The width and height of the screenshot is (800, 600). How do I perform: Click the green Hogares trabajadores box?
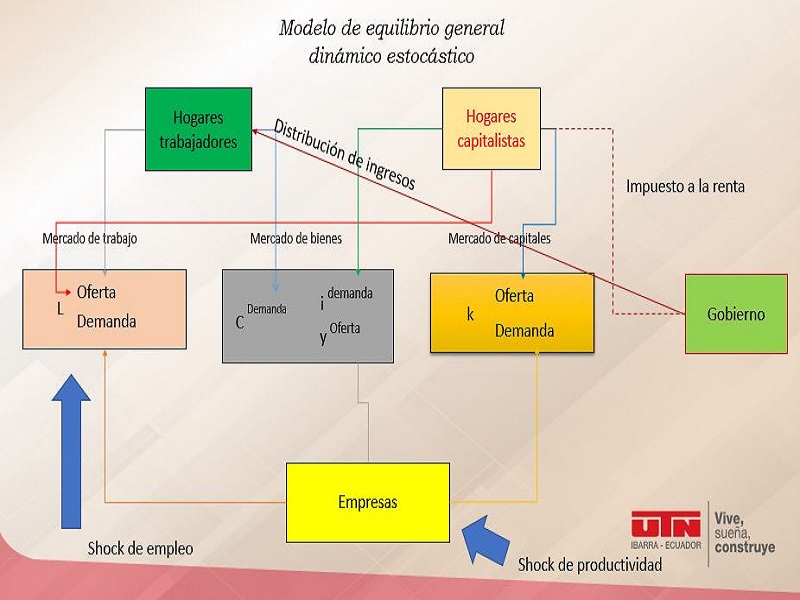[198, 129]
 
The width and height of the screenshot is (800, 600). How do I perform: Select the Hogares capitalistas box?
[491, 129]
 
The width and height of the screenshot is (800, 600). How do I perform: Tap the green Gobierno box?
[736, 314]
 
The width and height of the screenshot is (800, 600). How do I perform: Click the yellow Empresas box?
[368, 503]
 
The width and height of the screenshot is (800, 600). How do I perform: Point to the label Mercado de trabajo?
[90, 238]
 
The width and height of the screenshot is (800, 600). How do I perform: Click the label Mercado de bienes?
[296, 238]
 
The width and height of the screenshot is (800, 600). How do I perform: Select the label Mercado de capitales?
[499, 238]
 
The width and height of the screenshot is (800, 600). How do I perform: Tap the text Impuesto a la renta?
[685, 186]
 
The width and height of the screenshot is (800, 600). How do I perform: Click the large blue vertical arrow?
[71, 452]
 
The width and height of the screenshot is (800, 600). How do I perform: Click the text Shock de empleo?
[140, 548]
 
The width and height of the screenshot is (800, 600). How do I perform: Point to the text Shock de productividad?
[590, 565]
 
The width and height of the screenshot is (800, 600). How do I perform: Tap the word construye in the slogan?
[745, 547]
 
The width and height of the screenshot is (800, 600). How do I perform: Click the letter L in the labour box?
[60, 309]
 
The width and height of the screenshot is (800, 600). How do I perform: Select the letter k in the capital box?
[470, 314]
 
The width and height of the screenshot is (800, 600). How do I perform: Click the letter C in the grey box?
[240, 322]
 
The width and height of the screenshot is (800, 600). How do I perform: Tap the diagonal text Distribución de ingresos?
[345, 154]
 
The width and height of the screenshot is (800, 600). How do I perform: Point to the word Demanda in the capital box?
[524, 331]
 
